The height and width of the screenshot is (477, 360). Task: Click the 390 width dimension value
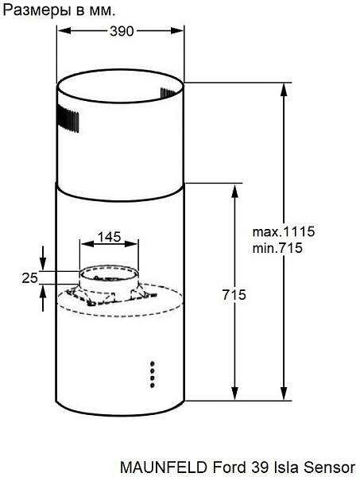122,31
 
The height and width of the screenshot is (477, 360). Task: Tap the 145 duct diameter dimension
109,237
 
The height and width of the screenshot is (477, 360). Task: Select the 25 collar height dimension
29,277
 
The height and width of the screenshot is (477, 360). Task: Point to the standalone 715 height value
234,295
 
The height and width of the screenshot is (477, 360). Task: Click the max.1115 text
284,232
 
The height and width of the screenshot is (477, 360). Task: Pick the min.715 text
277,248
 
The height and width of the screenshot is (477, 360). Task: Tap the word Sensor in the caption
330,467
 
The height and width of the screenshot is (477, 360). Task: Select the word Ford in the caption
230,467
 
